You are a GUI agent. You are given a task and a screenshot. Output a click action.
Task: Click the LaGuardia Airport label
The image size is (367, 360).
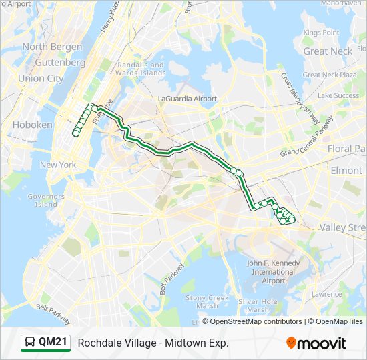[x=188, y=99]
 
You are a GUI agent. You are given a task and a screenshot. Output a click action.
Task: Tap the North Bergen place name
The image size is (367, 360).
[x=52, y=47]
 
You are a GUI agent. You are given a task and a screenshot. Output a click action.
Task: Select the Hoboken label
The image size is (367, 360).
[x=32, y=125]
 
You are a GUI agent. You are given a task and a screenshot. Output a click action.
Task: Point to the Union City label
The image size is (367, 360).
[x=41, y=78]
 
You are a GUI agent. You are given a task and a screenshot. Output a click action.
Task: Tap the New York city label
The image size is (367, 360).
[x=58, y=165]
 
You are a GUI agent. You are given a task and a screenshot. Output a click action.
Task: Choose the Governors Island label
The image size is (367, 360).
[x=46, y=200]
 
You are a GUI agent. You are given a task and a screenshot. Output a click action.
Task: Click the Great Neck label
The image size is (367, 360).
[x=328, y=51]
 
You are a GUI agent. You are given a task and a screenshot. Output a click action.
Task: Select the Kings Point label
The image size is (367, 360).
[x=321, y=32]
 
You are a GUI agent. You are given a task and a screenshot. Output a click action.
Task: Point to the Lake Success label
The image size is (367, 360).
[x=338, y=95]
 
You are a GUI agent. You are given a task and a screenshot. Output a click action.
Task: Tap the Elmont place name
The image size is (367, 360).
[x=346, y=170]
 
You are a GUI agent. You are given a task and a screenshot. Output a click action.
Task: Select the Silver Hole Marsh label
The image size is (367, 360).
[x=258, y=306]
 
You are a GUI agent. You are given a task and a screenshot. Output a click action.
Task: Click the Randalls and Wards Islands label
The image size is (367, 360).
[x=140, y=69]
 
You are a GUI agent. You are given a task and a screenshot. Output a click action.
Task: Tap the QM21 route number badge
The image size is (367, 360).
[x=53, y=343]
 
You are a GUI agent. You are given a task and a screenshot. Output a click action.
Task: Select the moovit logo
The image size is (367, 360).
[x=316, y=343]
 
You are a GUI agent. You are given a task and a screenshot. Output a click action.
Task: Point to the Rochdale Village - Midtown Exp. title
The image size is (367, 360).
[x=153, y=343]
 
